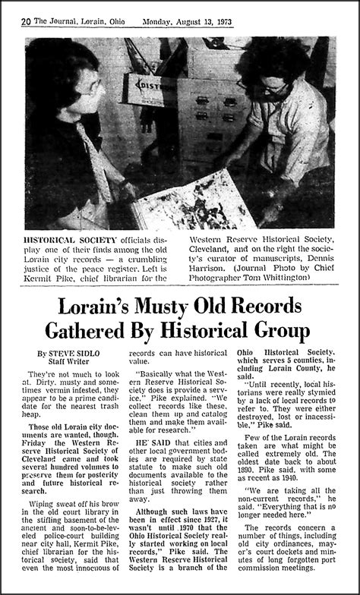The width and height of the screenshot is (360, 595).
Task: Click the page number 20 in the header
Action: coord(26,21)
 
